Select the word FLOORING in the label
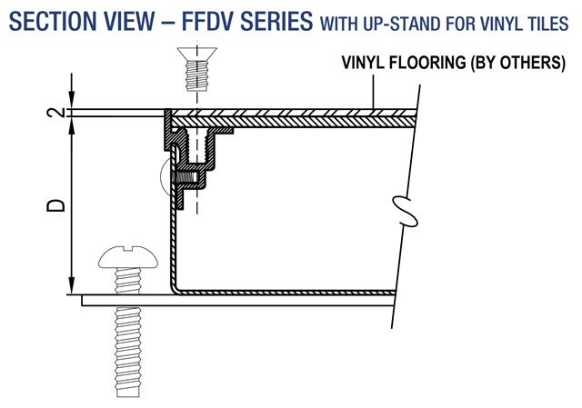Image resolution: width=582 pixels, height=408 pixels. [x=426, y=64]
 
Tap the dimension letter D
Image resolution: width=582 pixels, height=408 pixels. [x=55, y=206]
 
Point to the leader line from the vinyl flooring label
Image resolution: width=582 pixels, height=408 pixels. [x=374, y=91]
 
